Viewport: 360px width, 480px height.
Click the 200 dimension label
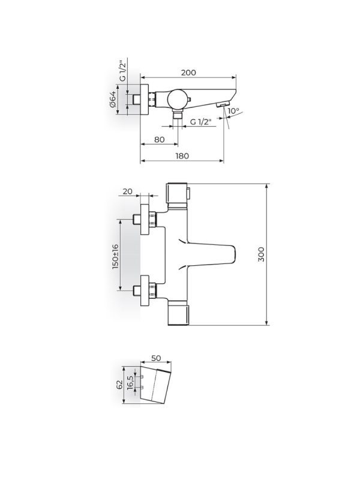[188, 73]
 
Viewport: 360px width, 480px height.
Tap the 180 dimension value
[182, 156]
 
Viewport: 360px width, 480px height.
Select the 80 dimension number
[159, 140]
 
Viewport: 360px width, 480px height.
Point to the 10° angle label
[233, 111]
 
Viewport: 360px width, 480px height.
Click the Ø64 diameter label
[113, 99]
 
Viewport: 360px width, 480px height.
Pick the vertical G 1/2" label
[123, 71]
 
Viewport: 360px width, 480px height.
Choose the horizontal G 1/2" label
[201, 122]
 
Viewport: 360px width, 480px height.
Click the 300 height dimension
[261, 254]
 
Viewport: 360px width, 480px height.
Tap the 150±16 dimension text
[115, 257]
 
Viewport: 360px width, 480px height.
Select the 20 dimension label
[127, 191]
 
